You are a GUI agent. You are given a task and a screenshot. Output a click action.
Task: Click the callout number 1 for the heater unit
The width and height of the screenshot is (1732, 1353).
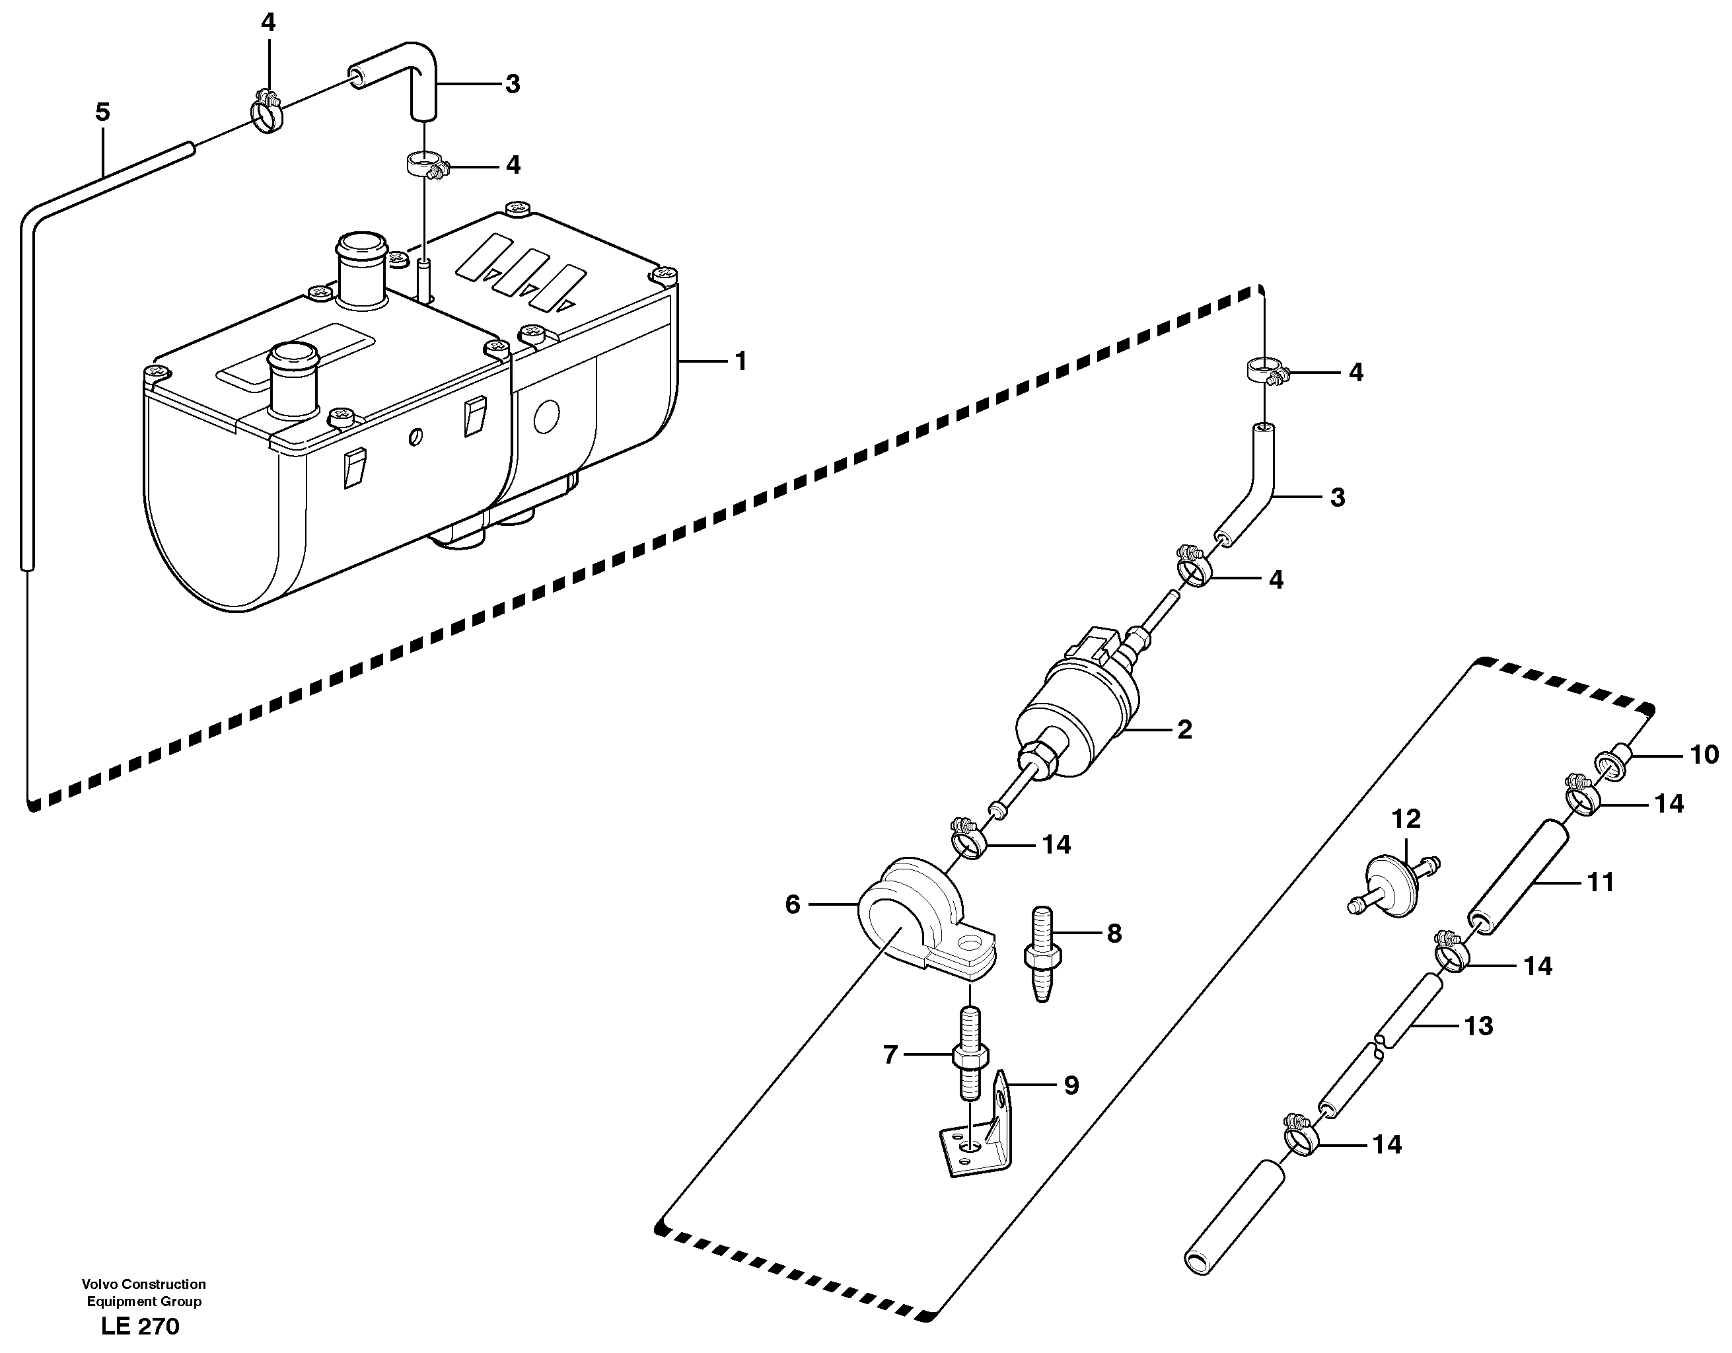click(x=740, y=361)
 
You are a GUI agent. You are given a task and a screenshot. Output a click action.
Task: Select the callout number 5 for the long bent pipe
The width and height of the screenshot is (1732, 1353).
click(x=102, y=112)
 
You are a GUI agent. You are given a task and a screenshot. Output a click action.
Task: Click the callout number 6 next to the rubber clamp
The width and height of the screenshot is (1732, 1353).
click(x=792, y=904)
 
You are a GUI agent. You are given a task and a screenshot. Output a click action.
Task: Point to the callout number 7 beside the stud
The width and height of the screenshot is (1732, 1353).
click(x=890, y=1055)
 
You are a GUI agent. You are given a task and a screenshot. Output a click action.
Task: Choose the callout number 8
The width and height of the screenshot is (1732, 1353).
click(x=1114, y=934)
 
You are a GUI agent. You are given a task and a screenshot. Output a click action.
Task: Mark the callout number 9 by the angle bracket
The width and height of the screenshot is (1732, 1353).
click(x=1071, y=1085)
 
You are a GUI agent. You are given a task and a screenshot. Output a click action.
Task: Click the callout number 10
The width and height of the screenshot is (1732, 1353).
click(x=1704, y=754)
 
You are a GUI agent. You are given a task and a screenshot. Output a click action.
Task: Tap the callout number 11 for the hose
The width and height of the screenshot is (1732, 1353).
click(x=1600, y=882)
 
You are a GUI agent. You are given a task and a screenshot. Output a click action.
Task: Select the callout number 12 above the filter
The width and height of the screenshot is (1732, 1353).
click(x=1406, y=819)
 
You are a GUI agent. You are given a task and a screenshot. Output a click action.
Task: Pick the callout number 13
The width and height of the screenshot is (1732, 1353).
click(x=1478, y=1026)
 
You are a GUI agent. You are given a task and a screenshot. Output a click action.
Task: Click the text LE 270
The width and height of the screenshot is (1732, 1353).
click(x=140, y=1326)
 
